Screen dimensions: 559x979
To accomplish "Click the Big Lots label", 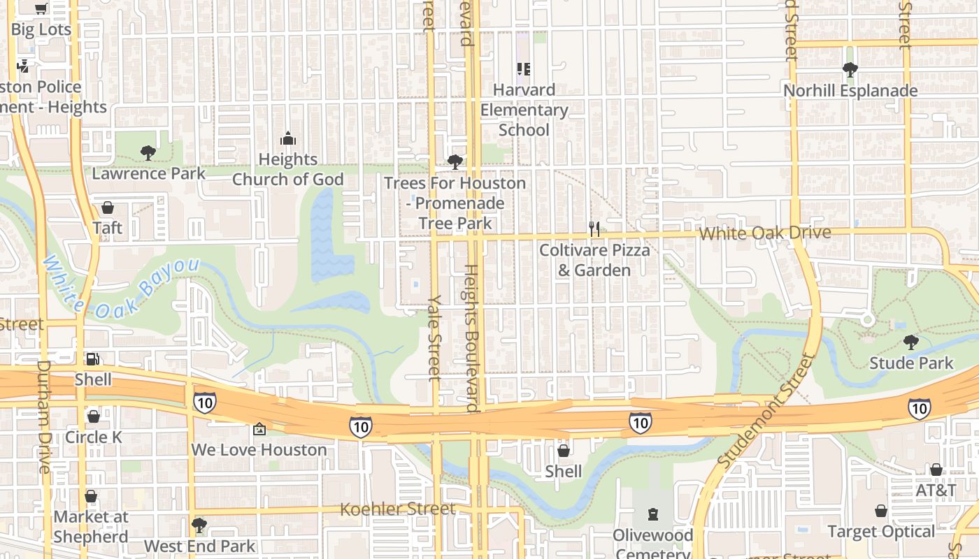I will click(41, 29).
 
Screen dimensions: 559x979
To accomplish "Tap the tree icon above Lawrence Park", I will click(148, 152).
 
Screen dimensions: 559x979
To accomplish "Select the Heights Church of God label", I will click(288, 169).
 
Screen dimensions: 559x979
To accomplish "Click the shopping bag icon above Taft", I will click(108, 208).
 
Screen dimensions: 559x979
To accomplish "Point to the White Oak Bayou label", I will click(120, 287).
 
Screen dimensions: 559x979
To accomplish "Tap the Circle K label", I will click(93, 437).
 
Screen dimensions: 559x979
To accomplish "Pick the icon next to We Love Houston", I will click(259, 428).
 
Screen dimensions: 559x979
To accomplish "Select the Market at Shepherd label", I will click(91, 527).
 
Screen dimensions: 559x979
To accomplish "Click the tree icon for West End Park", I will click(199, 524).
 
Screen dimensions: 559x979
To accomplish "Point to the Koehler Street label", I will click(397, 509).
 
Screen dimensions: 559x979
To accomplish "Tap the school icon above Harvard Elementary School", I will click(524, 69).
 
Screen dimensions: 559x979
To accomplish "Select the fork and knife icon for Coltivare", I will click(594, 228).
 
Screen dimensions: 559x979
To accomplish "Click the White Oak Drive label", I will click(765, 233).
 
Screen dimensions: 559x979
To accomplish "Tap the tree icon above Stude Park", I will click(910, 342).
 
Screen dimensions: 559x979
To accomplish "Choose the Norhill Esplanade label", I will click(850, 91).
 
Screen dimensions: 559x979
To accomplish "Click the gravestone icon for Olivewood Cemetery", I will click(653, 515).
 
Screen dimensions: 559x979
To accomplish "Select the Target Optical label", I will click(880, 532).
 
